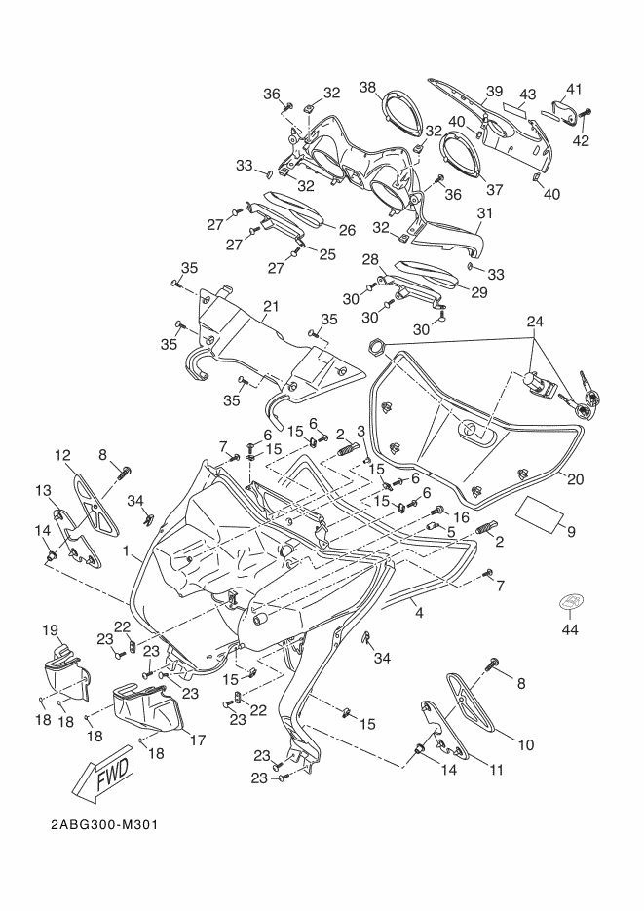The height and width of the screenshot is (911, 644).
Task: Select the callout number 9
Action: tap(571, 532)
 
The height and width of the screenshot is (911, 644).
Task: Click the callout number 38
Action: tap(367, 87)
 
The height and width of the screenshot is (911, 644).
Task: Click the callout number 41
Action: tap(574, 87)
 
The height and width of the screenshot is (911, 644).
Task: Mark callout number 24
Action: tap(535, 321)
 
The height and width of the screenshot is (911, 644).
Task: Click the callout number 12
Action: tap(62, 455)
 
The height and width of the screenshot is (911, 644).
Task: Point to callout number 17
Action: tap(197, 740)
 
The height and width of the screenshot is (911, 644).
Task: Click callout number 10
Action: tap(526, 745)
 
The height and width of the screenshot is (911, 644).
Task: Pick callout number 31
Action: tap(485, 212)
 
